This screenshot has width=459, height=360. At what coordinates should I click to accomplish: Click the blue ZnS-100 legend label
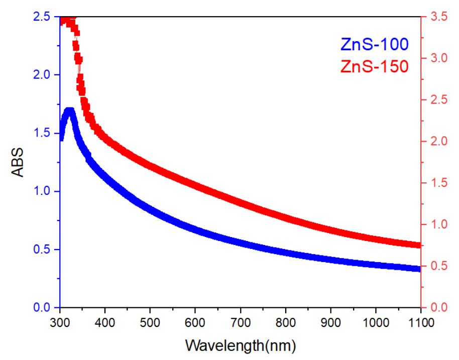coord(374,44)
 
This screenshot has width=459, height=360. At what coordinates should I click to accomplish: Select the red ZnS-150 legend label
coord(374,66)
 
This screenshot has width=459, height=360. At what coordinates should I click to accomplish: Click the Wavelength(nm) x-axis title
coord(240,346)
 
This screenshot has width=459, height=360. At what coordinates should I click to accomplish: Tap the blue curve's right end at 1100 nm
coord(418,269)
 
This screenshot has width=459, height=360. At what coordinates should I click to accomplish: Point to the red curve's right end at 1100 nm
coord(418,245)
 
